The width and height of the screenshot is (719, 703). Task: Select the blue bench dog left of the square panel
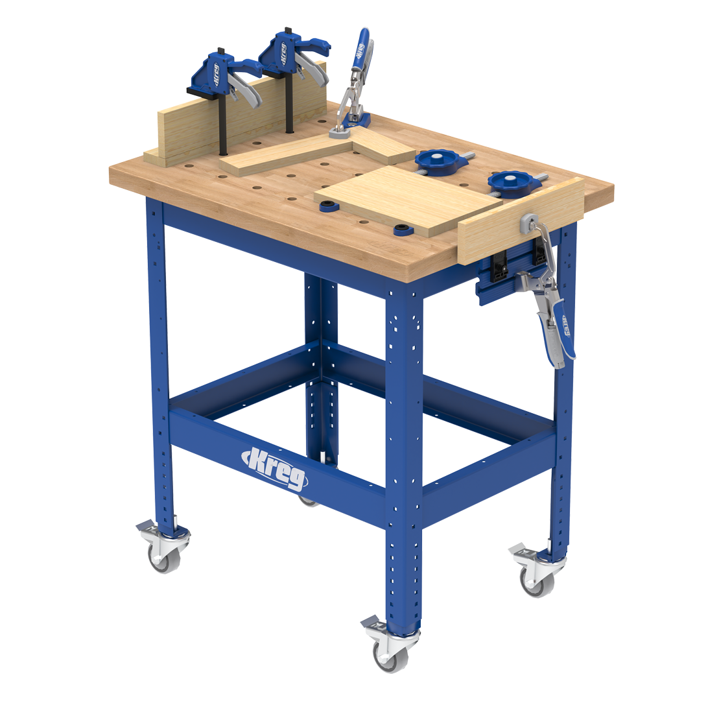click(x=329, y=207)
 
